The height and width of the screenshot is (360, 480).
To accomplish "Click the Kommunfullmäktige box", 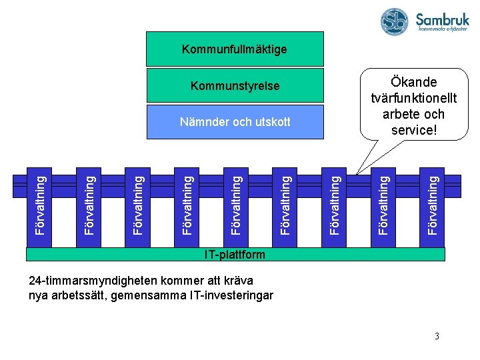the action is pos(235,49).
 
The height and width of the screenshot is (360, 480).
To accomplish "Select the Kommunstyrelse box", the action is pos(235,86).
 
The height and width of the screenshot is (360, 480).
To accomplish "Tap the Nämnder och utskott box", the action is pos(235,122).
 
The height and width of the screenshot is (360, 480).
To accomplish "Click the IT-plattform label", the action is pos(235,255).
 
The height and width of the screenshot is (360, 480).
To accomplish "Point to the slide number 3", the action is pos(437,336).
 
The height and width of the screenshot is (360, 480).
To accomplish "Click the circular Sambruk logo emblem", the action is pos(395,21).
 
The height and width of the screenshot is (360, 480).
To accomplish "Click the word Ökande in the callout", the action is pos(414,82).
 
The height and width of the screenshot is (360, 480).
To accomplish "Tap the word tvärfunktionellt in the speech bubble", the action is pos(414,98).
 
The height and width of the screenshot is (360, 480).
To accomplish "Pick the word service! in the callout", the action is pos(414,130).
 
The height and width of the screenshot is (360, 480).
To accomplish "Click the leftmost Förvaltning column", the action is pos(41,204).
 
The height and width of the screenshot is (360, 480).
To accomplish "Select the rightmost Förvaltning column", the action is pos(433,204).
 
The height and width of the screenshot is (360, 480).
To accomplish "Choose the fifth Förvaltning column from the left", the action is pos(237,204).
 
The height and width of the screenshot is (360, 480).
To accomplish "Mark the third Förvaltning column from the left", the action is pos(139,204).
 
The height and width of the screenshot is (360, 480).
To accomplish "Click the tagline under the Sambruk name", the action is pos(442,29).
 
